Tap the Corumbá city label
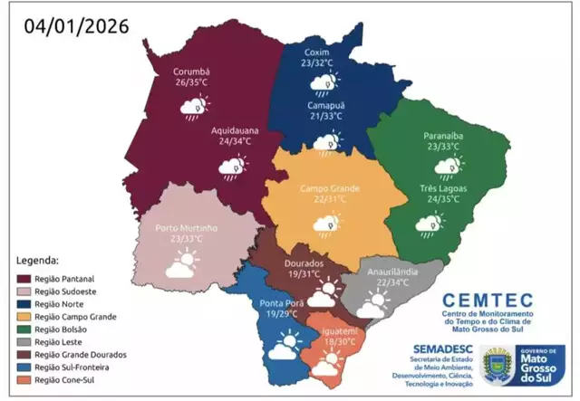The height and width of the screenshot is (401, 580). [x=191, y=72]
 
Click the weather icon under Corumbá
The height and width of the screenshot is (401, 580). [x=192, y=108]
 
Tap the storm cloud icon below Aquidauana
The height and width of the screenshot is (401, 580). [x=232, y=167]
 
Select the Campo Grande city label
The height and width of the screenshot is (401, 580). [x=330, y=188]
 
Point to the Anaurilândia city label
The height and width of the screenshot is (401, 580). [x=391, y=272]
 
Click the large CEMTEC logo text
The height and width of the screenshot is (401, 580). [x=493, y=300]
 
